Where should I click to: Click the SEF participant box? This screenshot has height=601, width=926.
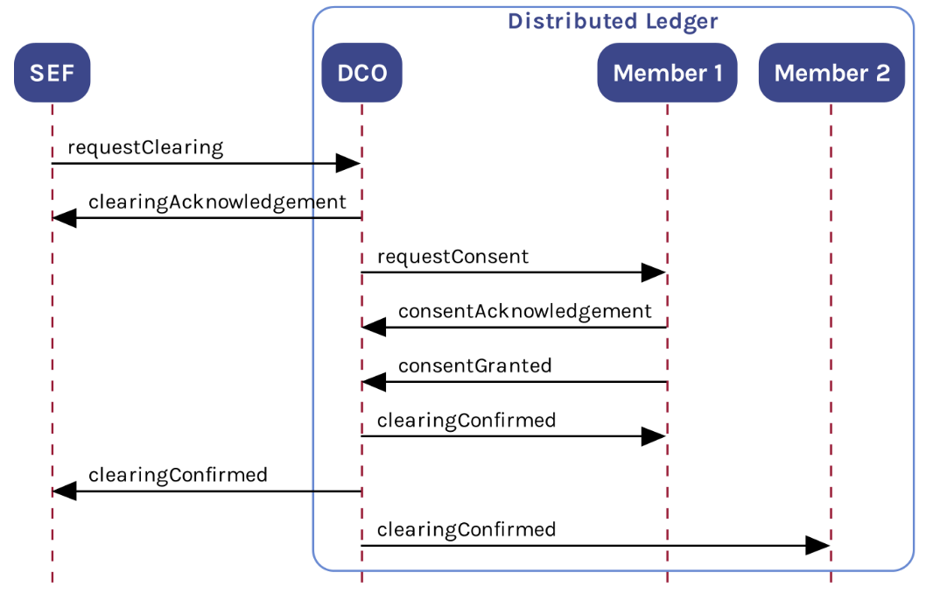click(x=52, y=73)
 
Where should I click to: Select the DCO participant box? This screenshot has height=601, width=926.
click(x=361, y=73)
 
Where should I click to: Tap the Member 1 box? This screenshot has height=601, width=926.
click(x=667, y=73)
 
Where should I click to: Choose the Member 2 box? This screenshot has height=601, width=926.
click(x=831, y=73)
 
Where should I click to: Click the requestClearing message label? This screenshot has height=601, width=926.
click(x=145, y=147)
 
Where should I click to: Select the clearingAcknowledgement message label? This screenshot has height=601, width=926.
click(x=217, y=202)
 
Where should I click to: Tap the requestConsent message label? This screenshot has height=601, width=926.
click(x=452, y=257)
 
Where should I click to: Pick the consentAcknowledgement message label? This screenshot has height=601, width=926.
click(x=524, y=311)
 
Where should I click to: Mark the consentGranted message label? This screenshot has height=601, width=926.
click(x=474, y=365)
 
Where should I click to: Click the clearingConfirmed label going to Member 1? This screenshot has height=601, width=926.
click(x=466, y=421)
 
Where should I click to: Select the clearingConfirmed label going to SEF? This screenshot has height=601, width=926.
click(x=178, y=475)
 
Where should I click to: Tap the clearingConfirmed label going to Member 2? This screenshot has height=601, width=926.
click(x=466, y=529)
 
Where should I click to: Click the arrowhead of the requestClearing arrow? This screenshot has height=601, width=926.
click(x=348, y=163)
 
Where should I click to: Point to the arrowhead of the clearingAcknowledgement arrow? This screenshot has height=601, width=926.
click(x=65, y=218)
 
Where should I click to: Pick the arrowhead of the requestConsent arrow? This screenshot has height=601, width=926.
click(x=654, y=272)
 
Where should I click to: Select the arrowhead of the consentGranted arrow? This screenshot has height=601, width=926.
click(x=375, y=382)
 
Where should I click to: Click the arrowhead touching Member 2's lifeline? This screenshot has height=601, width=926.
click(x=817, y=546)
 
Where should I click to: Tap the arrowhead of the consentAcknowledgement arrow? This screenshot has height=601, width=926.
click(x=375, y=328)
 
